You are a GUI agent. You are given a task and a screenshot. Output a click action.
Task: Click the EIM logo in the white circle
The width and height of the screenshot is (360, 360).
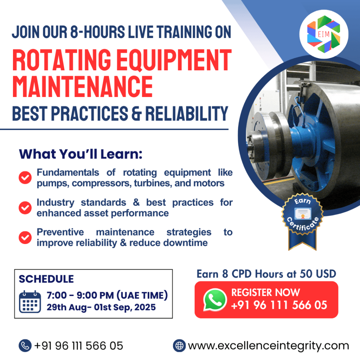click(323, 34)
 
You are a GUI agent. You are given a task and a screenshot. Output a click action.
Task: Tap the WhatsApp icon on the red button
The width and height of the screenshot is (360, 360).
click(215, 300)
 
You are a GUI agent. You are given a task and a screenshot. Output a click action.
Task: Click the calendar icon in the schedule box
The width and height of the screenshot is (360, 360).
click(30, 302)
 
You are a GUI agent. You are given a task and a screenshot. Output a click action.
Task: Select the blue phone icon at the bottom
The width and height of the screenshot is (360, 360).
click(25, 346)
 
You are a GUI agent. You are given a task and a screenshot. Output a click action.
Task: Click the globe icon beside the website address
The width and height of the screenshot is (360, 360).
click(179, 346)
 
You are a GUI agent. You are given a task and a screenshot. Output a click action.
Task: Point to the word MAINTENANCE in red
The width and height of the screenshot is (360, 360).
click(83, 87)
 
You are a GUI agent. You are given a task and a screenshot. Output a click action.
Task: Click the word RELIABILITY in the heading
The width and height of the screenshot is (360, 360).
click(187, 113)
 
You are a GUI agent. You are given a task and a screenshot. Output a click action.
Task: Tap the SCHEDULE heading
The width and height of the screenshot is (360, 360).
click(46, 279)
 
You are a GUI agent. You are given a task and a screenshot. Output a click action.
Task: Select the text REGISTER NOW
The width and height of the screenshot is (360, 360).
click(265, 292)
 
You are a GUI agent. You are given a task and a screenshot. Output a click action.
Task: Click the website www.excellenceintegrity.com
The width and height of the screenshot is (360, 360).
click(268, 346)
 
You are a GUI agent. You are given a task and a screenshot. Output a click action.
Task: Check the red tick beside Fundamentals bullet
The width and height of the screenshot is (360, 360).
click(25, 178)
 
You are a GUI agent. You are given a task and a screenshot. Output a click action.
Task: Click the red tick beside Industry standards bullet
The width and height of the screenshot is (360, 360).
click(25, 208)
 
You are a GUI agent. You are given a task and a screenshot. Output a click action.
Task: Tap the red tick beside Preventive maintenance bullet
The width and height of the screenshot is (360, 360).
click(25, 237)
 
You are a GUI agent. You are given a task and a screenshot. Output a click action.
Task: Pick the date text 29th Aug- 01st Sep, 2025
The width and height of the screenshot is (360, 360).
click(101, 307)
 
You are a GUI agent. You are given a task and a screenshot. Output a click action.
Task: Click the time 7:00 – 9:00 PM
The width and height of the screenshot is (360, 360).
click(80, 295)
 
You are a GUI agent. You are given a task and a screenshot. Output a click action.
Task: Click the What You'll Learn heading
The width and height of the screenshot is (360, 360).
click(81, 154)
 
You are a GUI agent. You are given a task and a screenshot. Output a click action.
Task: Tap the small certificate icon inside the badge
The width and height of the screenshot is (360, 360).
click(303, 213)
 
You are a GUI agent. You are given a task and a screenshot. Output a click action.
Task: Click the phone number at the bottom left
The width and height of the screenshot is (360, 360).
click(78, 346)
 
